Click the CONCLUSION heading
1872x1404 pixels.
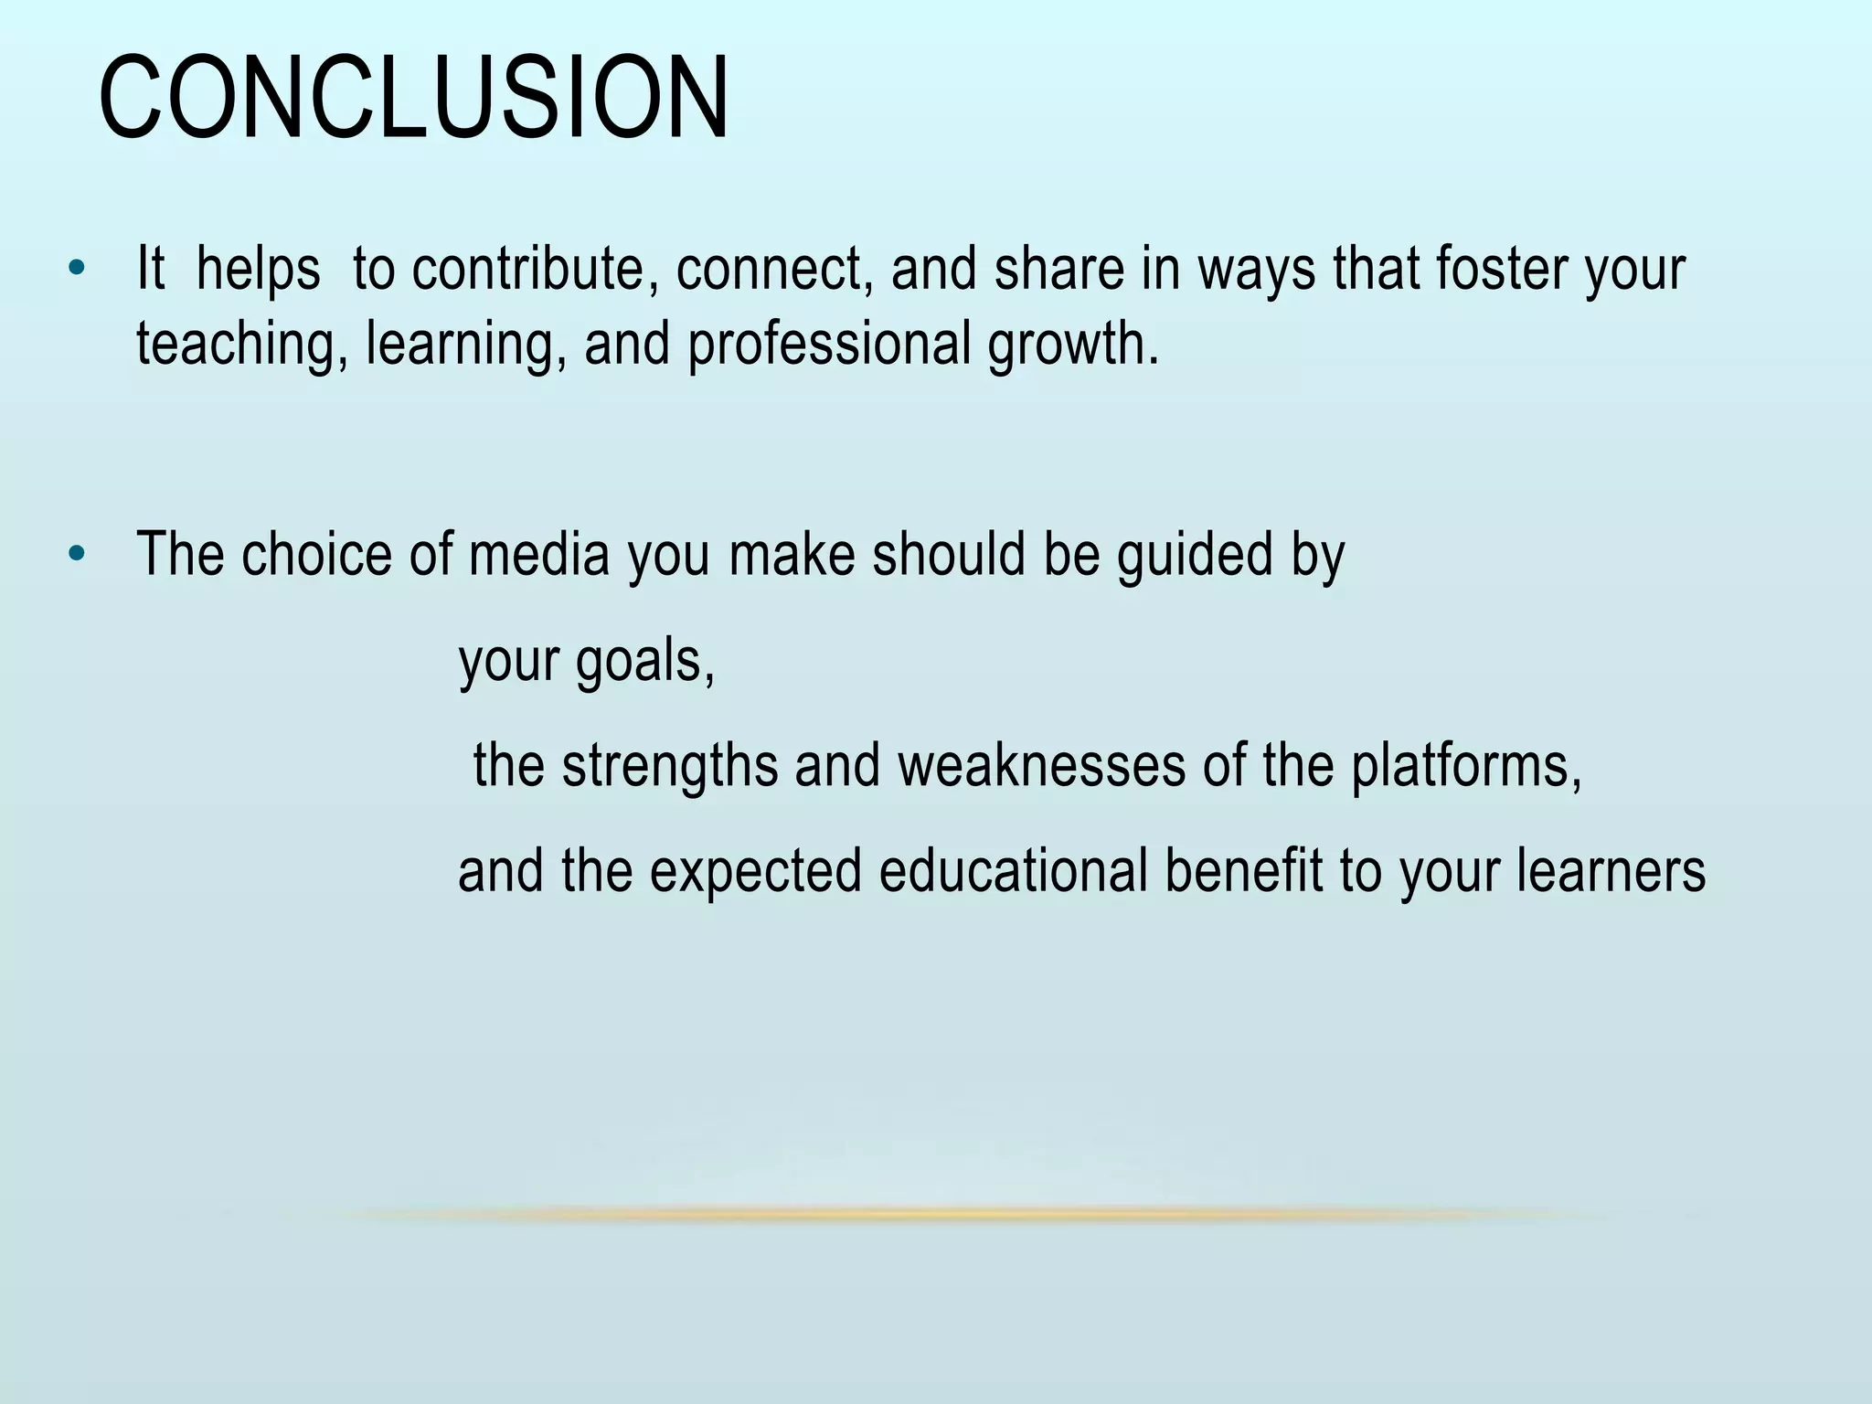pos(413,99)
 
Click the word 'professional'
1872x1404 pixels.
pos(828,345)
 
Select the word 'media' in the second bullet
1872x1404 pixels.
pos(538,554)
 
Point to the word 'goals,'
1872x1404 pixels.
pos(644,660)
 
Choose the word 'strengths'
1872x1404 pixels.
pos(669,765)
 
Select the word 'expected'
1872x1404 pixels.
pos(756,870)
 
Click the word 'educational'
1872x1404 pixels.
pos(1013,870)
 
